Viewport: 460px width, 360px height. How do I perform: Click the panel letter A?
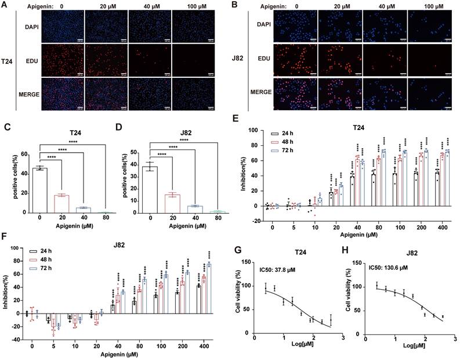coord(5,6)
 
